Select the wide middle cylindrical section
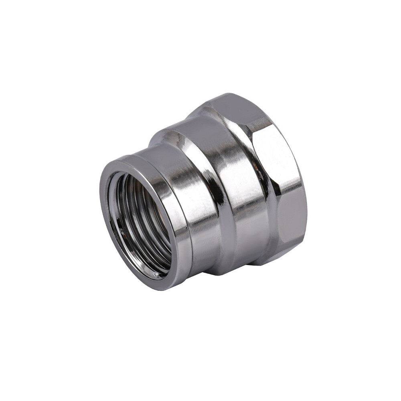tap(241, 180)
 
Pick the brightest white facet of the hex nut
tap(277, 156)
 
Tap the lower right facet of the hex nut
tap(291, 225)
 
